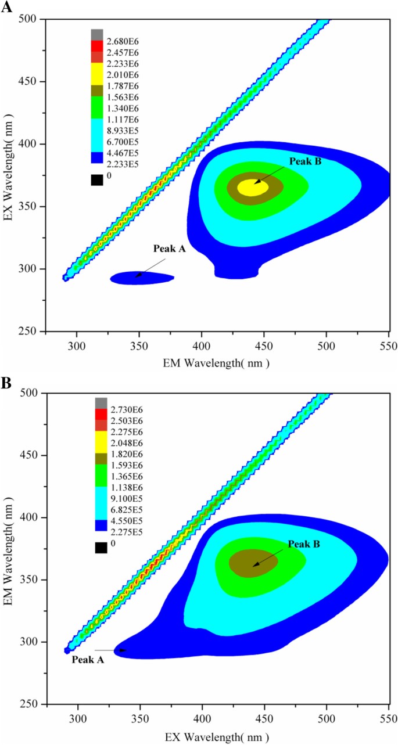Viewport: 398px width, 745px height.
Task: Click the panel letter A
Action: pos(8,8)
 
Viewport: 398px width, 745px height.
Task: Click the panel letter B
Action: pos(7,383)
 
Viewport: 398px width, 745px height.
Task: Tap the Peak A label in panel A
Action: pos(169,249)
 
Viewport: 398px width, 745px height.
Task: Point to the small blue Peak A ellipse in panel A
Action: pos(142,278)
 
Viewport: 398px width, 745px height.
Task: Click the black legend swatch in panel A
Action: pos(97,180)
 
